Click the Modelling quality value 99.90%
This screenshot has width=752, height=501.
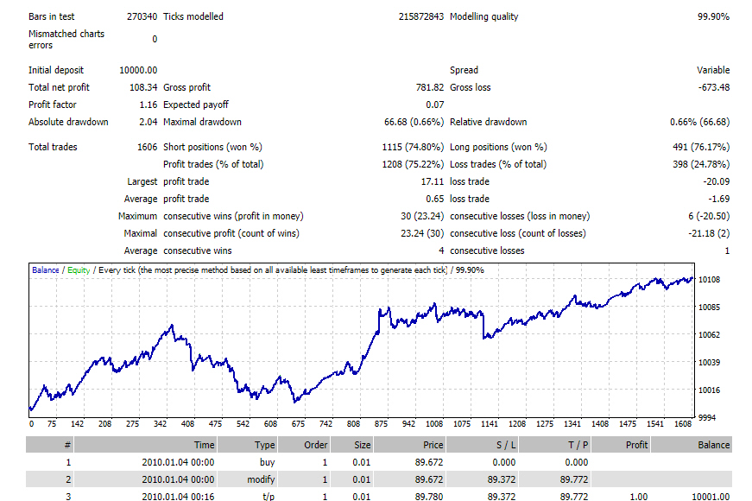point(713,16)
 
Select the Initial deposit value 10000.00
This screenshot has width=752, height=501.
point(138,70)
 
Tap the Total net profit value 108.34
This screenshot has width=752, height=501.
point(143,87)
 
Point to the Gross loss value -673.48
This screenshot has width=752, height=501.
point(714,87)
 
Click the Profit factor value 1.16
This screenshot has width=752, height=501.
point(149,105)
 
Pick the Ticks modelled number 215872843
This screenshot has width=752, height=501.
point(421,16)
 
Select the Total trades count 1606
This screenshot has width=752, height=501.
point(148,147)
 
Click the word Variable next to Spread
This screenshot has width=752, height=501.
point(713,70)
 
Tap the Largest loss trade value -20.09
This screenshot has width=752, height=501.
point(716,181)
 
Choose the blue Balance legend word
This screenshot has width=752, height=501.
point(46,270)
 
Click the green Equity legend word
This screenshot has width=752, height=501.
point(79,270)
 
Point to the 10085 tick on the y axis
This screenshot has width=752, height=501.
point(710,308)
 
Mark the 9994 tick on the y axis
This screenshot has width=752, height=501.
point(707,418)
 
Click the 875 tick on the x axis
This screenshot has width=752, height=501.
point(381,424)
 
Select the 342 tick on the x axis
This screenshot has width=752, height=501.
point(161,424)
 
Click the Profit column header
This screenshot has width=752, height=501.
point(636,445)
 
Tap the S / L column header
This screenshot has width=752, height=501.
point(506,445)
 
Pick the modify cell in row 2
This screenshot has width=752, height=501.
point(261,479)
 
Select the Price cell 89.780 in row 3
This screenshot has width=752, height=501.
point(429,497)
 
